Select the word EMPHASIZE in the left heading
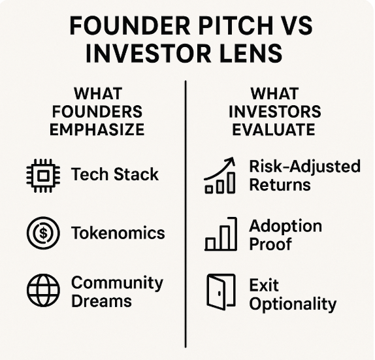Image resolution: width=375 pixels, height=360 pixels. (97, 129)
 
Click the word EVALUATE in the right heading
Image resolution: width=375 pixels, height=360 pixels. (274, 129)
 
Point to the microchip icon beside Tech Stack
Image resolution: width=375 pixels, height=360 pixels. (43, 176)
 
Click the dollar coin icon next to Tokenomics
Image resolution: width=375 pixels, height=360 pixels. (43, 233)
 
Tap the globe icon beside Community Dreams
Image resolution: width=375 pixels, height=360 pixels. (43, 290)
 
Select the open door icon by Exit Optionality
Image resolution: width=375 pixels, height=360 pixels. (221, 292)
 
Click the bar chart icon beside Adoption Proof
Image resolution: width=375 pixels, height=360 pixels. (221, 234)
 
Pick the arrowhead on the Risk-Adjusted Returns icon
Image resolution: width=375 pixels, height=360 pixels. (231, 161)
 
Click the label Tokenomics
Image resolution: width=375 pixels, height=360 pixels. (118, 233)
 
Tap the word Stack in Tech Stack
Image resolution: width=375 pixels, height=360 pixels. (136, 174)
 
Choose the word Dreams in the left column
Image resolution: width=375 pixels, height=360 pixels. (101, 301)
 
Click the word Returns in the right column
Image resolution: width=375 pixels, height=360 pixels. (280, 185)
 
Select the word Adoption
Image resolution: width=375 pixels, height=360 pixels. (285, 226)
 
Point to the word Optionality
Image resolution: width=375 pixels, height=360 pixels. (293, 304)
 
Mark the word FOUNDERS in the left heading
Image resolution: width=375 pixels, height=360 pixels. (97, 112)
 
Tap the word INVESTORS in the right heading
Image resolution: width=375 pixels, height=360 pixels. (275, 112)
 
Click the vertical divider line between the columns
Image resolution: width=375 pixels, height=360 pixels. (186, 214)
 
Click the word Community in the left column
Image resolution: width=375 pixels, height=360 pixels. (117, 283)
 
